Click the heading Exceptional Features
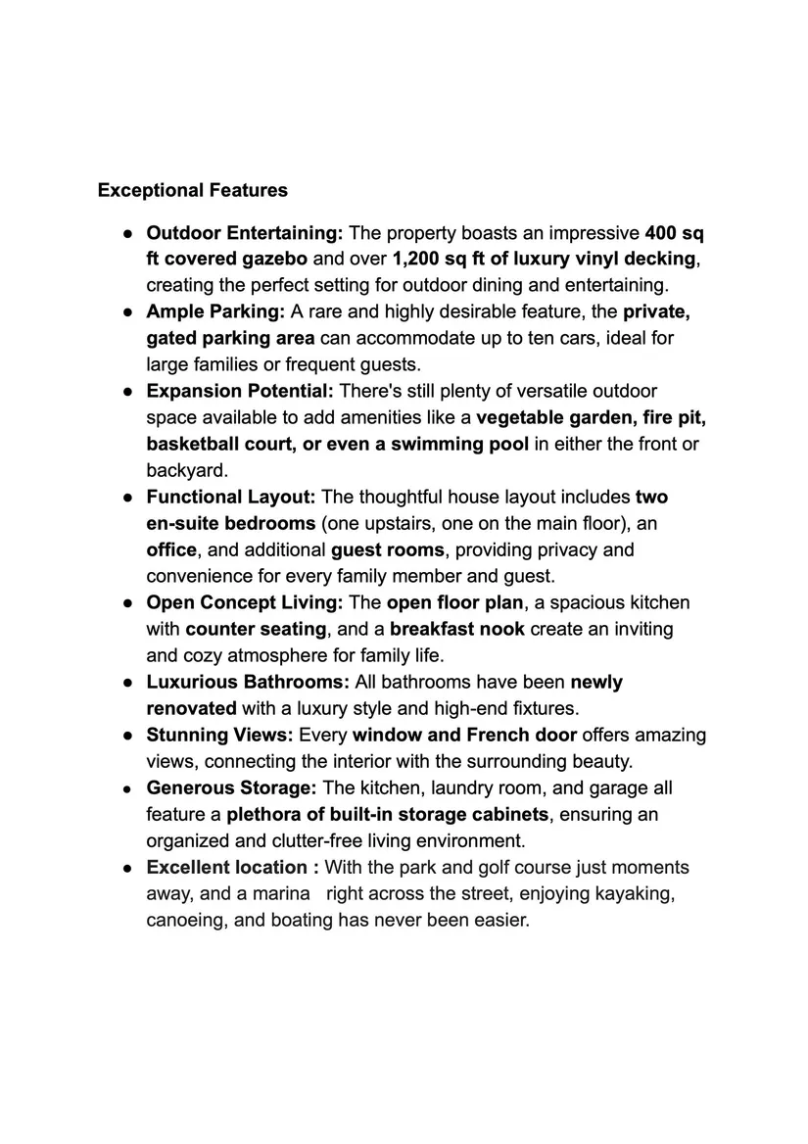[x=193, y=190]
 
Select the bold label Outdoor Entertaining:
[x=244, y=233]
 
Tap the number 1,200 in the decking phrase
[x=419, y=260]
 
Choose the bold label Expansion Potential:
[x=240, y=391]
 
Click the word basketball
[x=193, y=444]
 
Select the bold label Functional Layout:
[x=231, y=497]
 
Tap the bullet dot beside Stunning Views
[x=127, y=735]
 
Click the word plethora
[x=265, y=814]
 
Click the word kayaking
[x=638, y=893]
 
